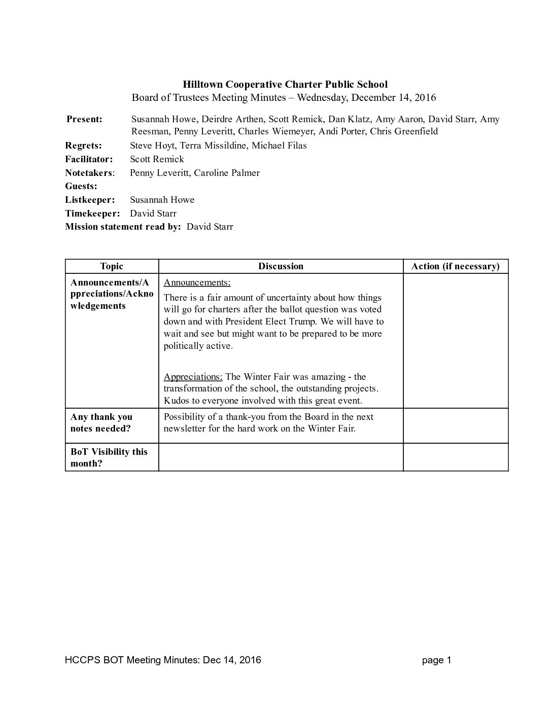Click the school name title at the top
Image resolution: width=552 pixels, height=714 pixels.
pyautogui.click(x=285, y=84)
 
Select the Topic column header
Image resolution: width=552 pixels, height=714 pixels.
pyautogui.click(x=112, y=266)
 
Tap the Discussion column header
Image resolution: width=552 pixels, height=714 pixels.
pyautogui.click(x=281, y=266)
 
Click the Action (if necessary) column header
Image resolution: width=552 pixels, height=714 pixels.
pyautogui.click(x=455, y=266)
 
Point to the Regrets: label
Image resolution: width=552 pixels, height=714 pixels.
pyautogui.click(x=83, y=146)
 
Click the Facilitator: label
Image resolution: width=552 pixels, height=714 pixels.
pyautogui.click(x=89, y=159)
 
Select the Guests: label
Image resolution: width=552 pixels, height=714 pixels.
pyautogui.click(x=81, y=186)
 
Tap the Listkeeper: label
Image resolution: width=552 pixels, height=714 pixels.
pyautogui.click(x=90, y=200)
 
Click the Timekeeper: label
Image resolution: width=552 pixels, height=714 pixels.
pyautogui.click(x=92, y=213)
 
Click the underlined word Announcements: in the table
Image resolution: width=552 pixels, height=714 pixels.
pyautogui.click(x=197, y=282)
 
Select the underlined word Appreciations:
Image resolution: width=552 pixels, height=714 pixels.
pyautogui.click(x=193, y=377)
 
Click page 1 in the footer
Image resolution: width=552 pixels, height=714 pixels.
pyautogui.click(x=436, y=660)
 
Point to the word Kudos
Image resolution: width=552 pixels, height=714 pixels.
pyautogui.click(x=176, y=401)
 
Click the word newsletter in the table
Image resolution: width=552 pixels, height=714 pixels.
pyautogui.click(x=186, y=429)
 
